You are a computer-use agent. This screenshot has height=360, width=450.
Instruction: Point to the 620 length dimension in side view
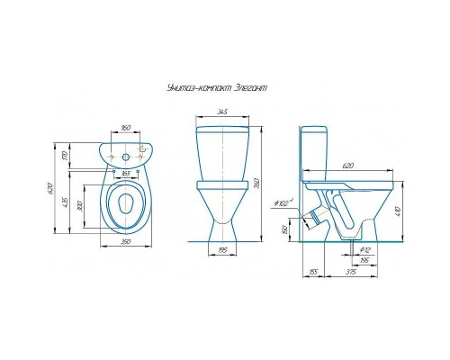pyautogui.click(x=347, y=167)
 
